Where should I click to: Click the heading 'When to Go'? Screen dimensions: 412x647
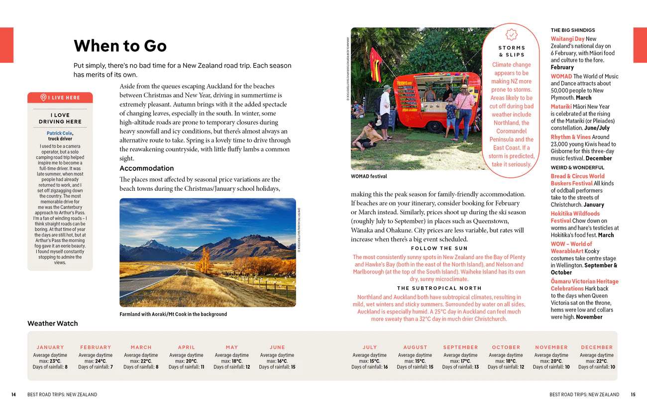tap(120, 46)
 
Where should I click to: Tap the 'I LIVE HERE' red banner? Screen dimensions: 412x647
tap(60, 98)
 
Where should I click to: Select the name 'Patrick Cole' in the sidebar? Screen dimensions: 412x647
tap(59, 133)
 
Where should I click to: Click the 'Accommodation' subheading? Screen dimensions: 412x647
tap(146, 168)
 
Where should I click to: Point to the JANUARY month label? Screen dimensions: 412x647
tap(50, 347)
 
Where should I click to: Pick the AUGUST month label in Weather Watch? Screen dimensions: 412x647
tap(415, 347)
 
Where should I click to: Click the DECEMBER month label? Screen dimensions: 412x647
tap(597, 347)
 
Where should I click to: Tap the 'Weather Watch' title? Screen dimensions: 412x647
tap(53, 323)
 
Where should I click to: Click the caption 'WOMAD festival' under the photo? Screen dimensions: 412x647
tap(369, 176)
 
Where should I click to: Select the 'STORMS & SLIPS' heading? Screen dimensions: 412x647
tap(512, 51)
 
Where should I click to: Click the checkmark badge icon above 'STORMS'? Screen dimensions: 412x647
tap(511, 35)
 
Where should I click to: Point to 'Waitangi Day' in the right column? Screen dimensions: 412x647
tap(567, 39)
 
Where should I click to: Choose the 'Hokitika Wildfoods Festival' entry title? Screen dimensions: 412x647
tap(575, 217)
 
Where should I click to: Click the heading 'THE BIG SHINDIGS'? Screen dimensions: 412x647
tap(572, 30)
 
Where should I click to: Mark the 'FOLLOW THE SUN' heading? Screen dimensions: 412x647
tap(439, 248)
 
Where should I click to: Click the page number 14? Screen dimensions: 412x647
tap(14, 395)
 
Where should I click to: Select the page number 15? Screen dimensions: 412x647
tap(633, 395)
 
